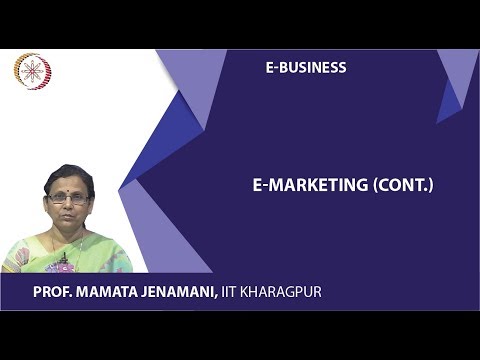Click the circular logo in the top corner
pyautogui.click(x=32, y=71)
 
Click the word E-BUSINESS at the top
pyautogui.click(x=306, y=68)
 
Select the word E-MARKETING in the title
pyautogui.click(x=295, y=185)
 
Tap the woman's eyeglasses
pyautogui.click(x=66, y=199)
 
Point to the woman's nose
pyautogui.click(x=66, y=205)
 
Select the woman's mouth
pyautogui.click(x=67, y=215)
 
